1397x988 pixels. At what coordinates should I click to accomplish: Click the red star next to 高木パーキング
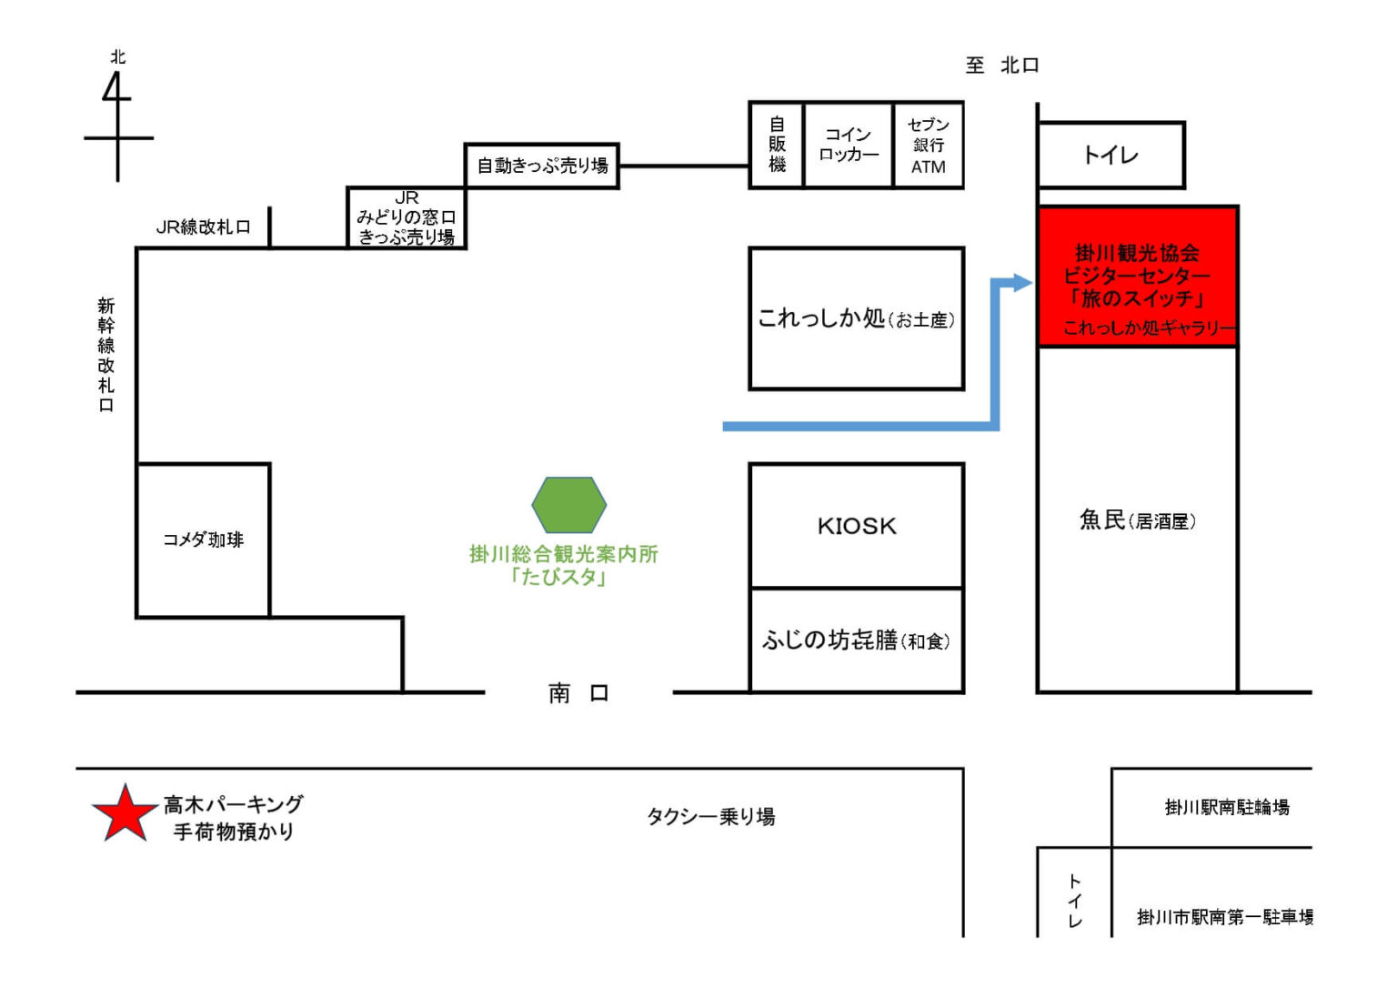(124, 814)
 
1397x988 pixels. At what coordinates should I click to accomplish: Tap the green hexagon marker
(568, 505)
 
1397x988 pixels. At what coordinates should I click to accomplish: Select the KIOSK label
(856, 526)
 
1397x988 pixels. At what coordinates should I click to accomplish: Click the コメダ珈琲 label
(203, 539)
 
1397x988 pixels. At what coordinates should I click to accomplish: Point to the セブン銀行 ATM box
(928, 146)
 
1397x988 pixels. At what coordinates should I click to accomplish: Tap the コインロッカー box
(848, 146)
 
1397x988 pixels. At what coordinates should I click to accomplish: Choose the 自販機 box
(777, 146)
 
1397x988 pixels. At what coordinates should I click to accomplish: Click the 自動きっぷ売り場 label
(542, 166)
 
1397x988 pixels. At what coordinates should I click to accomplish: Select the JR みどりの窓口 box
(407, 217)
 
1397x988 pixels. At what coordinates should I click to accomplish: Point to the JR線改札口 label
(203, 227)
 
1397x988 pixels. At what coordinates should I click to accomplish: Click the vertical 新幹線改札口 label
(106, 355)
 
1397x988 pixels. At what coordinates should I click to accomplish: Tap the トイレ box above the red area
(1111, 156)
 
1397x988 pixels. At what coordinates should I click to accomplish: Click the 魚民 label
(1137, 520)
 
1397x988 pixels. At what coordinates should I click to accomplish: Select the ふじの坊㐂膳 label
(856, 640)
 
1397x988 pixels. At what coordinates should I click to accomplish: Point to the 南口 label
(578, 693)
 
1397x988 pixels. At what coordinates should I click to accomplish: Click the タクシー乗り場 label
(710, 816)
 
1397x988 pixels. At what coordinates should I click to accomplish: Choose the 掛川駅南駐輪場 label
(1226, 807)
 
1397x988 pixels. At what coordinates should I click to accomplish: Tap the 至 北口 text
(1001, 66)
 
